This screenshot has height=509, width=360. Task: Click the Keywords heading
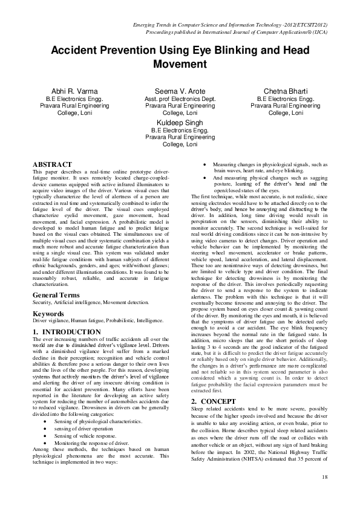tap(48, 314)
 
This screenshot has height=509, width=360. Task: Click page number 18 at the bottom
tap(325, 478)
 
